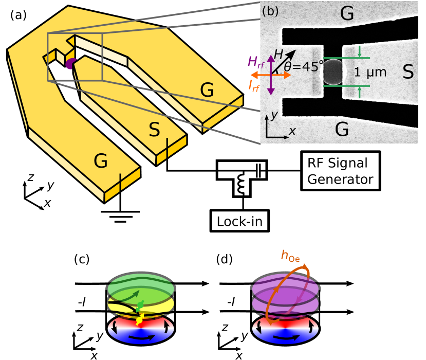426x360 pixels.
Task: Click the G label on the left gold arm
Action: click(101, 161)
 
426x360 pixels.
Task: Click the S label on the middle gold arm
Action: click(154, 130)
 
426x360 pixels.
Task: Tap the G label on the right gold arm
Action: click(207, 90)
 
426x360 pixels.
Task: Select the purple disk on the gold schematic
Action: click(70, 63)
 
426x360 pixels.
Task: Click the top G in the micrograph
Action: click(347, 14)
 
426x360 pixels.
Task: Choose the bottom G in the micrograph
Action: click(342, 130)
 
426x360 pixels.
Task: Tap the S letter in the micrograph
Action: click(408, 72)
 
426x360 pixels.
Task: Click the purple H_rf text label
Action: click(255, 62)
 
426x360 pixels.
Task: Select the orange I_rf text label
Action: click(254, 86)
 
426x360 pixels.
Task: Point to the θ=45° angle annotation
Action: click(304, 66)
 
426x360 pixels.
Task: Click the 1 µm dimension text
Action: click(370, 73)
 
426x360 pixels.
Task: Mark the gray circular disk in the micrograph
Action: click(333, 73)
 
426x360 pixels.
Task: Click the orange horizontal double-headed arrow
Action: click(271, 75)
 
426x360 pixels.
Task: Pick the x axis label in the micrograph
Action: click(292, 131)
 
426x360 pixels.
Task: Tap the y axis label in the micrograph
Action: click(275, 114)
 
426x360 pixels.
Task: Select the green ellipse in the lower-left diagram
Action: click(141, 284)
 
